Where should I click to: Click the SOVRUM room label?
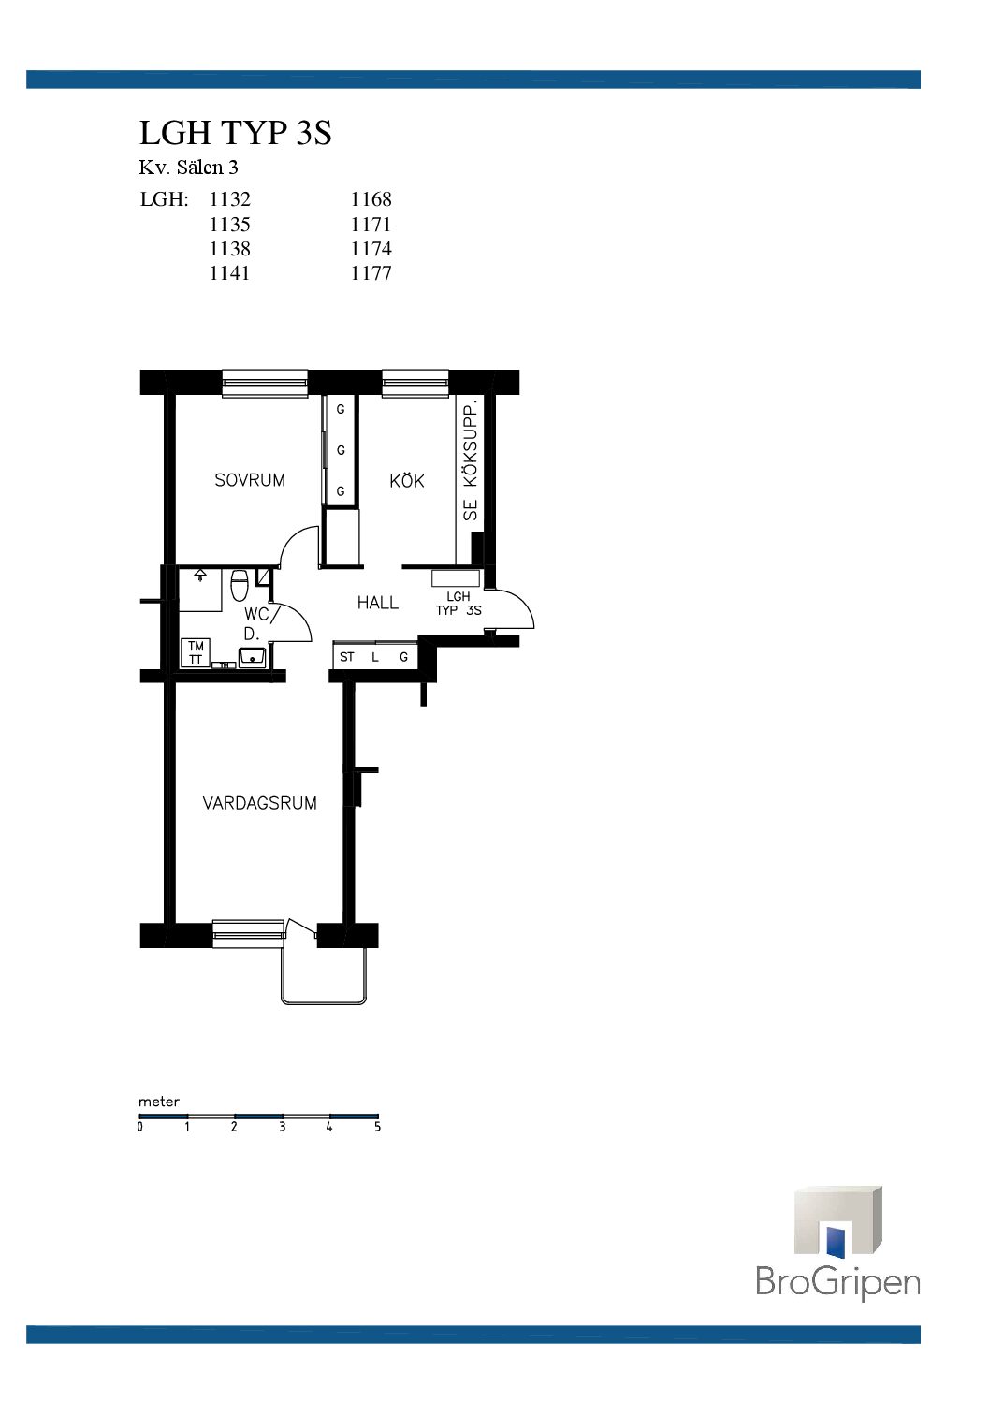point(250,480)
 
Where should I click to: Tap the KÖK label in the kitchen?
point(406,480)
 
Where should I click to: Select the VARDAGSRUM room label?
point(259,802)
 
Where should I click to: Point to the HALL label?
point(378,603)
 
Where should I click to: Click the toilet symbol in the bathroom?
point(240,586)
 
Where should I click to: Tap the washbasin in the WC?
point(252,657)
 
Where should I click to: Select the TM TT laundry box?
point(196,653)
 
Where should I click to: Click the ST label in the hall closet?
point(346,657)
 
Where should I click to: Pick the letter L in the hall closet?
point(375,657)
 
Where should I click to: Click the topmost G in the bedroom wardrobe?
point(341,410)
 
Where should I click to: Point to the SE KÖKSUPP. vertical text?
point(471,461)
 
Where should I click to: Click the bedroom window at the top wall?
point(265,383)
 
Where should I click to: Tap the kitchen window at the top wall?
point(415,383)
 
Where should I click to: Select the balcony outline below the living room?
point(323,1003)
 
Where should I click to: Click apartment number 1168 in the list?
point(371,199)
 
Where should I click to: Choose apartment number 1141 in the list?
point(229,273)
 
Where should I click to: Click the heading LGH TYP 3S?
point(235,132)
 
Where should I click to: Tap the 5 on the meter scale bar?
point(377,1127)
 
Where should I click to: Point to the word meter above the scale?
point(159,1102)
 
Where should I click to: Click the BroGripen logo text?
point(837,1281)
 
